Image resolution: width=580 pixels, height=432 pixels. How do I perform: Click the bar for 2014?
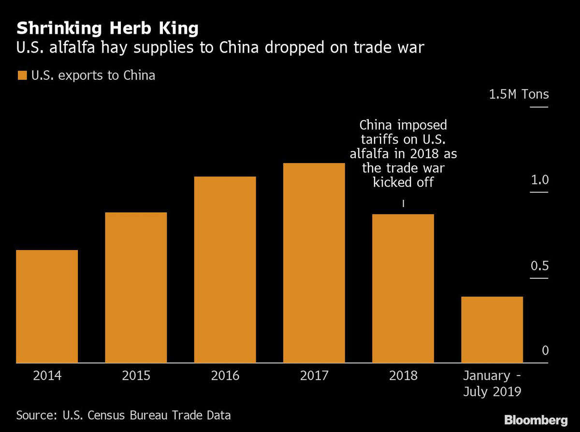tap(47, 306)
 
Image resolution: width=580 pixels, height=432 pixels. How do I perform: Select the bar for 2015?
tap(136, 287)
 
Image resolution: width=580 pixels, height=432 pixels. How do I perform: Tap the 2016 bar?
tap(225, 269)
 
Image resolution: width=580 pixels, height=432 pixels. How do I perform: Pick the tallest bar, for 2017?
tap(314, 263)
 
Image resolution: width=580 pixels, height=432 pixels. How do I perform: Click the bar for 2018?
tap(403, 288)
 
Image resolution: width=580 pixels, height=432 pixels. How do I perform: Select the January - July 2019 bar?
tap(492, 329)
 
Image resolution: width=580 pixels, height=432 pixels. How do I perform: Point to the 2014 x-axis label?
tap(47, 376)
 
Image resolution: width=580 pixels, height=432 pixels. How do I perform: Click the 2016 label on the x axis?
tap(225, 376)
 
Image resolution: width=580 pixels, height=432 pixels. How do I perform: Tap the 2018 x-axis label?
tap(403, 376)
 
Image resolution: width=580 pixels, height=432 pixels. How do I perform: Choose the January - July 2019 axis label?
tap(492, 383)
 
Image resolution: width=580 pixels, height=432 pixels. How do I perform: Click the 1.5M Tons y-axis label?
tap(519, 94)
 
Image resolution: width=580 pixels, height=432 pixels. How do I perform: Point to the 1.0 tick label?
tap(539, 180)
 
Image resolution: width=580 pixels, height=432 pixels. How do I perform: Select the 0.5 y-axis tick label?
tap(539, 266)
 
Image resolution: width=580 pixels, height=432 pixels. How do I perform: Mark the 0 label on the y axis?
tap(545, 350)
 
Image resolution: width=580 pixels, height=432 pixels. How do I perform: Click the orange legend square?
tap(22, 76)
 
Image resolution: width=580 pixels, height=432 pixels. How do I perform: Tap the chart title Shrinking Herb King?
tap(107, 29)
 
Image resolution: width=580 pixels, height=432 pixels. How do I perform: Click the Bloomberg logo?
tap(536, 419)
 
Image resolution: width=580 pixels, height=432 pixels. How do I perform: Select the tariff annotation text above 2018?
tap(403, 153)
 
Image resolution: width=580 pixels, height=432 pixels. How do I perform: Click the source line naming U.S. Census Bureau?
tap(123, 415)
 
